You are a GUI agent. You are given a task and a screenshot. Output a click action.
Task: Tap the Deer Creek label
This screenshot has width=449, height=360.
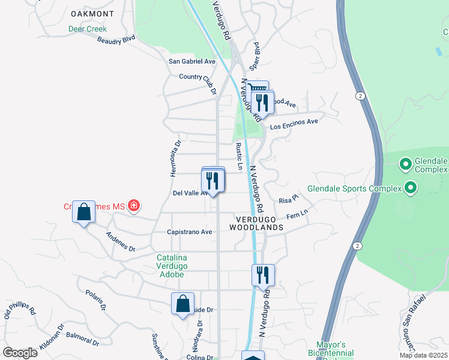coord(87,29)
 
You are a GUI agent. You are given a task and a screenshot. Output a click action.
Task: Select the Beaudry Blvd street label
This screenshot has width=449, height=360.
coord(116,40)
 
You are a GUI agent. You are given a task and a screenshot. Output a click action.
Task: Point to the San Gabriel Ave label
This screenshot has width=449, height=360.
coord(191,61)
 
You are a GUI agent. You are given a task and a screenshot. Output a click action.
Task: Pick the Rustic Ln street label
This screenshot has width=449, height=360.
coord(239,155)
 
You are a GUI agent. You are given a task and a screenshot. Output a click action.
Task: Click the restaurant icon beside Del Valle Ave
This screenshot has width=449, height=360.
coord(212,181)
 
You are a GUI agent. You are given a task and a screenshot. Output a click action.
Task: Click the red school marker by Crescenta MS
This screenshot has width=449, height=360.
coord(133,206)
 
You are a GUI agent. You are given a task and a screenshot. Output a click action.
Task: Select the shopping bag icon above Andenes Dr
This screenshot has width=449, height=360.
coord(84,212)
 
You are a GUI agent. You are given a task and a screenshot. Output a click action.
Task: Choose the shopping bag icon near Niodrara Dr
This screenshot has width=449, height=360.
coord(182,304)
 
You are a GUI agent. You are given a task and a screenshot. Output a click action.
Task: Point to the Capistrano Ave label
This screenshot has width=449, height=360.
coord(189,232)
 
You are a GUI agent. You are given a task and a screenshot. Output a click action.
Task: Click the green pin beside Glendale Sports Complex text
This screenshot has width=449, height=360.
coord(411,188)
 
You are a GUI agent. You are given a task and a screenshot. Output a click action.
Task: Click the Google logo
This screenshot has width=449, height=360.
coord(20,352)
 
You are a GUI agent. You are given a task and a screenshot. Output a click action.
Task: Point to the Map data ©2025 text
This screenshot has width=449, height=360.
coord(423,355)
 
